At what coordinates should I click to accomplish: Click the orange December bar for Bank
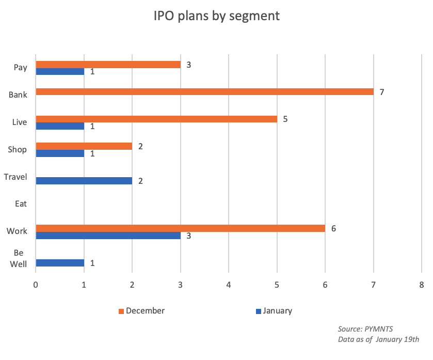point(204,92)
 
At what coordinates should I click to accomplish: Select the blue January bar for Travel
point(84,181)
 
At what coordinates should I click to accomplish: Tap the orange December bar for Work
point(180,228)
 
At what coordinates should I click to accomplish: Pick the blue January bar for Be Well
point(60,263)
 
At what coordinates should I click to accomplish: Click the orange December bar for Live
point(156,119)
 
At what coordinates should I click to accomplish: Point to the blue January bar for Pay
point(60,71)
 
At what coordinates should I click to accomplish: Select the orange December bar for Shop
point(84,146)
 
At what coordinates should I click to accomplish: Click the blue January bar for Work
point(108,236)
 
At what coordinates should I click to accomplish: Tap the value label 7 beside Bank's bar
point(382,92)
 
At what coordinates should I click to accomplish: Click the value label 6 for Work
point(333,228)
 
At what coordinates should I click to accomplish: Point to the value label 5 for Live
point(285,119)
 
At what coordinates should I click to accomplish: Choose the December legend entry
point(141,311)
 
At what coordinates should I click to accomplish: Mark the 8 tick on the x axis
point(422,285)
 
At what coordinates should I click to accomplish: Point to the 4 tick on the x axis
point(229,285)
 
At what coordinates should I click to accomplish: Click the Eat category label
point(21,204)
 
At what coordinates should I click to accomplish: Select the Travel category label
point(15,177)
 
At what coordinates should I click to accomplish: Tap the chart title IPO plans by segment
point(216,16)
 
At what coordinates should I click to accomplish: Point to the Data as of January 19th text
point(377,339)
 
